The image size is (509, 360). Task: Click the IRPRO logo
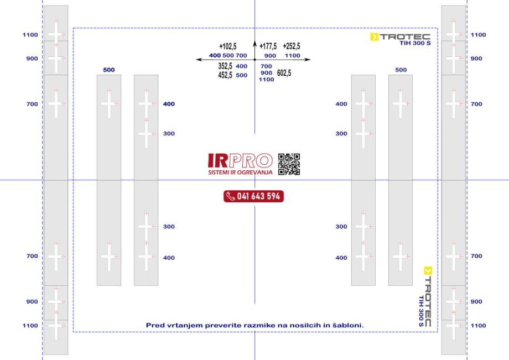[x=240, y=164]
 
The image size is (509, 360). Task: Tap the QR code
[x=289, y=164]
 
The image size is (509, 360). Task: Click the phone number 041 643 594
[x=258, y=196]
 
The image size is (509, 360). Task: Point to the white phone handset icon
[x=231, y=196]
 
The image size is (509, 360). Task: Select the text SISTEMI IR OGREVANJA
[x=240, y=172]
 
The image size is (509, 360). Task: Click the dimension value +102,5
[x=228, y=46]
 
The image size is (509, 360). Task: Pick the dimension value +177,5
[x=268, y=46]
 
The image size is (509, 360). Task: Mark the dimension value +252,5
[x=292, y=46]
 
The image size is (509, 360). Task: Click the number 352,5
[x=225, y=66]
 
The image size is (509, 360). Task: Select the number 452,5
[x=225, y=75]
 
